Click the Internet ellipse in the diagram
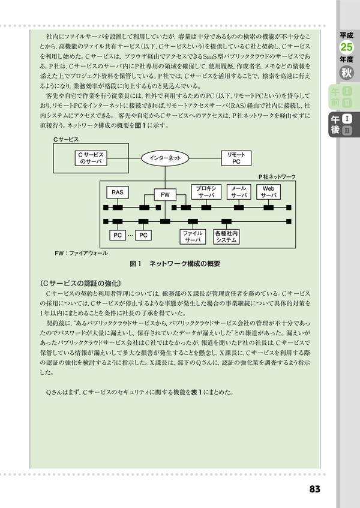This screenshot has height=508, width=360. coord(165,158)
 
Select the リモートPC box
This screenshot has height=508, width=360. coord(236,158)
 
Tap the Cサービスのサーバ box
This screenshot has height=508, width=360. coord(91,158)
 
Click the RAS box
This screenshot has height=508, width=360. coord(118,193)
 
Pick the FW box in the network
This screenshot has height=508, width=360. coord(165,195)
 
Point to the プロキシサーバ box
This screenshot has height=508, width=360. coord(206,192)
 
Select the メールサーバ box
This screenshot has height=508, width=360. coord(239,192)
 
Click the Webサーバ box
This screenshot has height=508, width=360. coord(268,192)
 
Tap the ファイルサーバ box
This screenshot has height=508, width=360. coord(193,236)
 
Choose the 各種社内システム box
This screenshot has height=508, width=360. coord(226,236)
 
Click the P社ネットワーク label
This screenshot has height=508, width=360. coord(277,177)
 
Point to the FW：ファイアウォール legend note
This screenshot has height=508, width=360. coord(81,253)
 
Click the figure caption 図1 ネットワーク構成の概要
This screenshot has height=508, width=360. coord(175,264)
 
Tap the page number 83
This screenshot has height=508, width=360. coord(314,489)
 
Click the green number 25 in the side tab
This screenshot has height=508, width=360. coord(346,47)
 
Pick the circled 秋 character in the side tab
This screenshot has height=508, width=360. coord(346,73)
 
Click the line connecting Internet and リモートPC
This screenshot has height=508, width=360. coord(205,158)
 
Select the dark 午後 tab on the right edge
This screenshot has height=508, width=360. coord(344,125)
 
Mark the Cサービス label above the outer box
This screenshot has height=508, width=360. coord(66,140)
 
